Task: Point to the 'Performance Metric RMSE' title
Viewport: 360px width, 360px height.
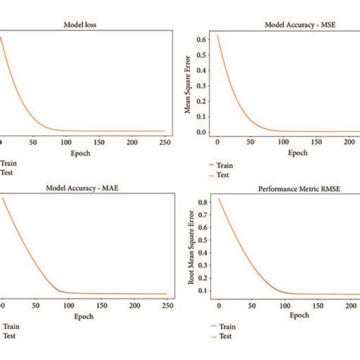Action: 289,189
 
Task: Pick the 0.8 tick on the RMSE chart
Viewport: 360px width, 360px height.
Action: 201,203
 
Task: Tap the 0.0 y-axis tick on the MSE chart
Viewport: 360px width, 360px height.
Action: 201,132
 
